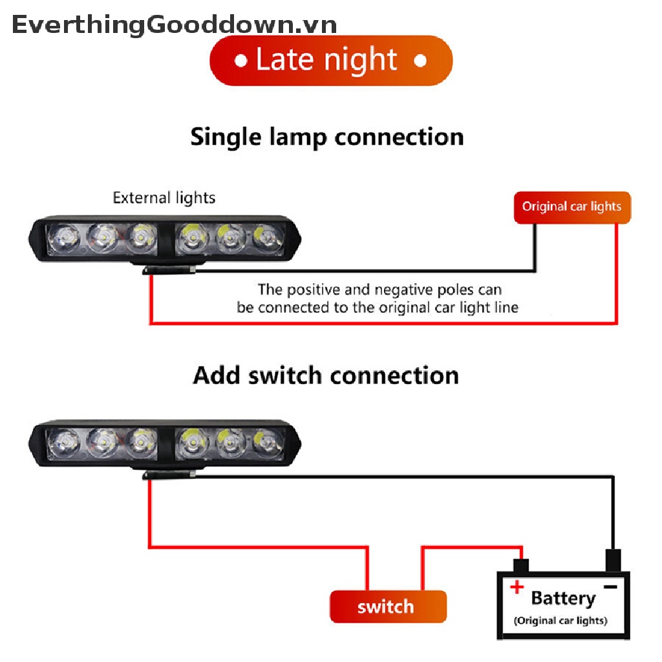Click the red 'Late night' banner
pyautogui.click(x=331, y=60)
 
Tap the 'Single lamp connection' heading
pyautogui.click(x=327, y=137)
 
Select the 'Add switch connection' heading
pyautogui.click(x=326, y=375)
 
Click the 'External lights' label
pyautogui.click(x=164, y=198)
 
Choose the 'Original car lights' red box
pyautogui.click(x=571, y=207)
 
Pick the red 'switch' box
pyautogui.click(x=387, y=606)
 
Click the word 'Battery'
pyautogui.click(x=562, y=598)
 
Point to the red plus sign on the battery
pyautogui.click(x=517, y=587)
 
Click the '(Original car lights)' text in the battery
pyautogui.click(x=561, y=621)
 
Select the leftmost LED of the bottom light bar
pyautogui.click(x=63, y=443)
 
